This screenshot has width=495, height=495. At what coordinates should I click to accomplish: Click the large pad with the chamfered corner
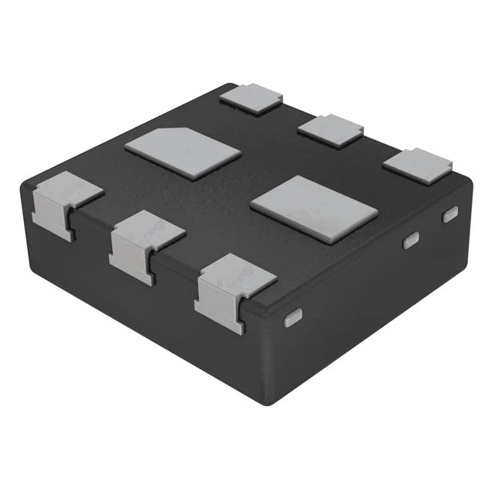click(x=183, y=152)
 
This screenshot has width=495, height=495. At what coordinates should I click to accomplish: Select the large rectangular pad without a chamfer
click(x=314, y=207)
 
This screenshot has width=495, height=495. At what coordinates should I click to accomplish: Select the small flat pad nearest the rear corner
click(x=251, y=98)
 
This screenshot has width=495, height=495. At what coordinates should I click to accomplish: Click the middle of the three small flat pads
click(x=331, y=129)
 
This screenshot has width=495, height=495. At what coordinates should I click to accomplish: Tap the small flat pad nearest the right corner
click(x=418, y=165)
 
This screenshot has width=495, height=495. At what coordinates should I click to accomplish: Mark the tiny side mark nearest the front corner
click(x=293, y=318)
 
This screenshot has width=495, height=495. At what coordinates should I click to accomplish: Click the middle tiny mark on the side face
click(x=411, y=241)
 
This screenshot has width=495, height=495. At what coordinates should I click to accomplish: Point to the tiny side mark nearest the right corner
click(x=449, y=214)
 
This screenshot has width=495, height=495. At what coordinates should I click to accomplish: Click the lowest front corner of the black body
click(x=267, y=402)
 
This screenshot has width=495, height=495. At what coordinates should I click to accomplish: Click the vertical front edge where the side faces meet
click(x=265, y=356)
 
